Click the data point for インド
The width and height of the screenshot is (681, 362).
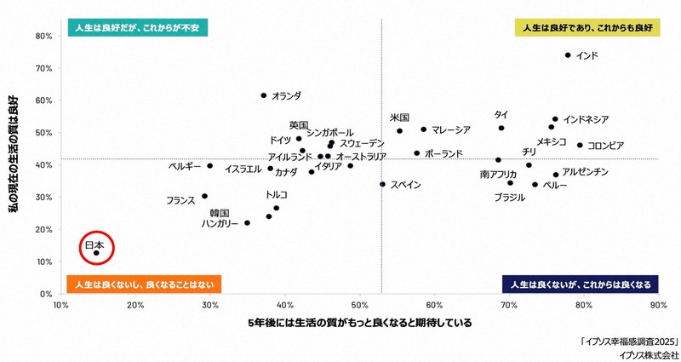click(568, 55)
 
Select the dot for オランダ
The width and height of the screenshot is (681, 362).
click(263, 95)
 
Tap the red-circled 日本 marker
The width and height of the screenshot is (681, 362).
click(96, 253)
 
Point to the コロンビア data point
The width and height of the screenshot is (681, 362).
click(580, 145)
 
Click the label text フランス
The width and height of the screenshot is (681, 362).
click(180, 201)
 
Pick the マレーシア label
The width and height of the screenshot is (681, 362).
click(451, 130)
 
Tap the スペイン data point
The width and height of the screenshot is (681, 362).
click(382, 184)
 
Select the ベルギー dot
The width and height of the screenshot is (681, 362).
click(209, 166)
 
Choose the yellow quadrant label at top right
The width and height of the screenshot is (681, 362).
click(587, 29)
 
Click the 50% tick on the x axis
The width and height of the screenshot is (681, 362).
click(360, 304)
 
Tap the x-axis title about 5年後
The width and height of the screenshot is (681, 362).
click(359, 324)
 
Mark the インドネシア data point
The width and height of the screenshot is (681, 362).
click(555, 119)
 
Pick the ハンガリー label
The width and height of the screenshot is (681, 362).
click(220, 223)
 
